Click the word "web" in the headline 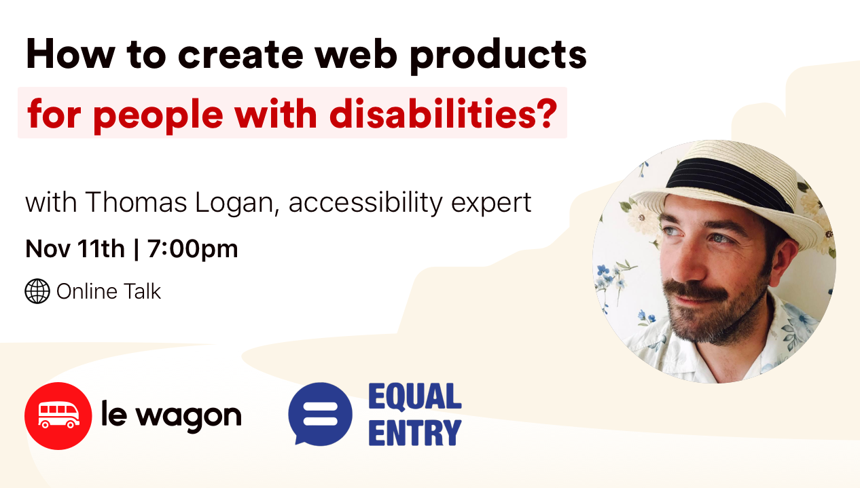pos(356,54)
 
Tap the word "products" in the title pos(499,56)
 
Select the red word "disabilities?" pos(444,113)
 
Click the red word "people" pos(158,116)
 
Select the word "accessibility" pos(365,204)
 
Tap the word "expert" pos(491,204)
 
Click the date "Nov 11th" pos(75,248)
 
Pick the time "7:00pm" pos(193,250)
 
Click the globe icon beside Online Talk pos(37,291)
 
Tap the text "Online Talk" pos(109,291)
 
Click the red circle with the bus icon pos(58,416)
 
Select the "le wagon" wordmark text pos(172,416)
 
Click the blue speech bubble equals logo pos(320,414)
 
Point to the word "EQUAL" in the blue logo pos(415,396)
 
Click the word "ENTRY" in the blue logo pos(415,433)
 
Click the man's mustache pos(695,290)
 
